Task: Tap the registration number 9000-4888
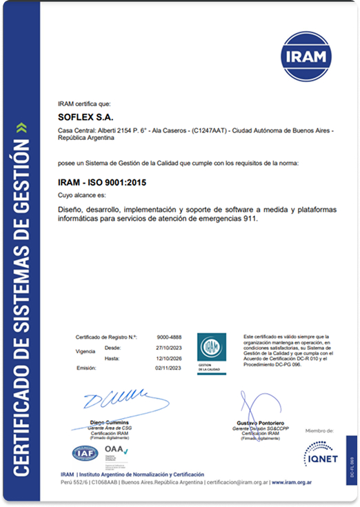pos(170,337)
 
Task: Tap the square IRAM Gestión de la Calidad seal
pos(212,350)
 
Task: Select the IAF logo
pos(86,454)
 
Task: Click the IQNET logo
pos(321,453)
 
